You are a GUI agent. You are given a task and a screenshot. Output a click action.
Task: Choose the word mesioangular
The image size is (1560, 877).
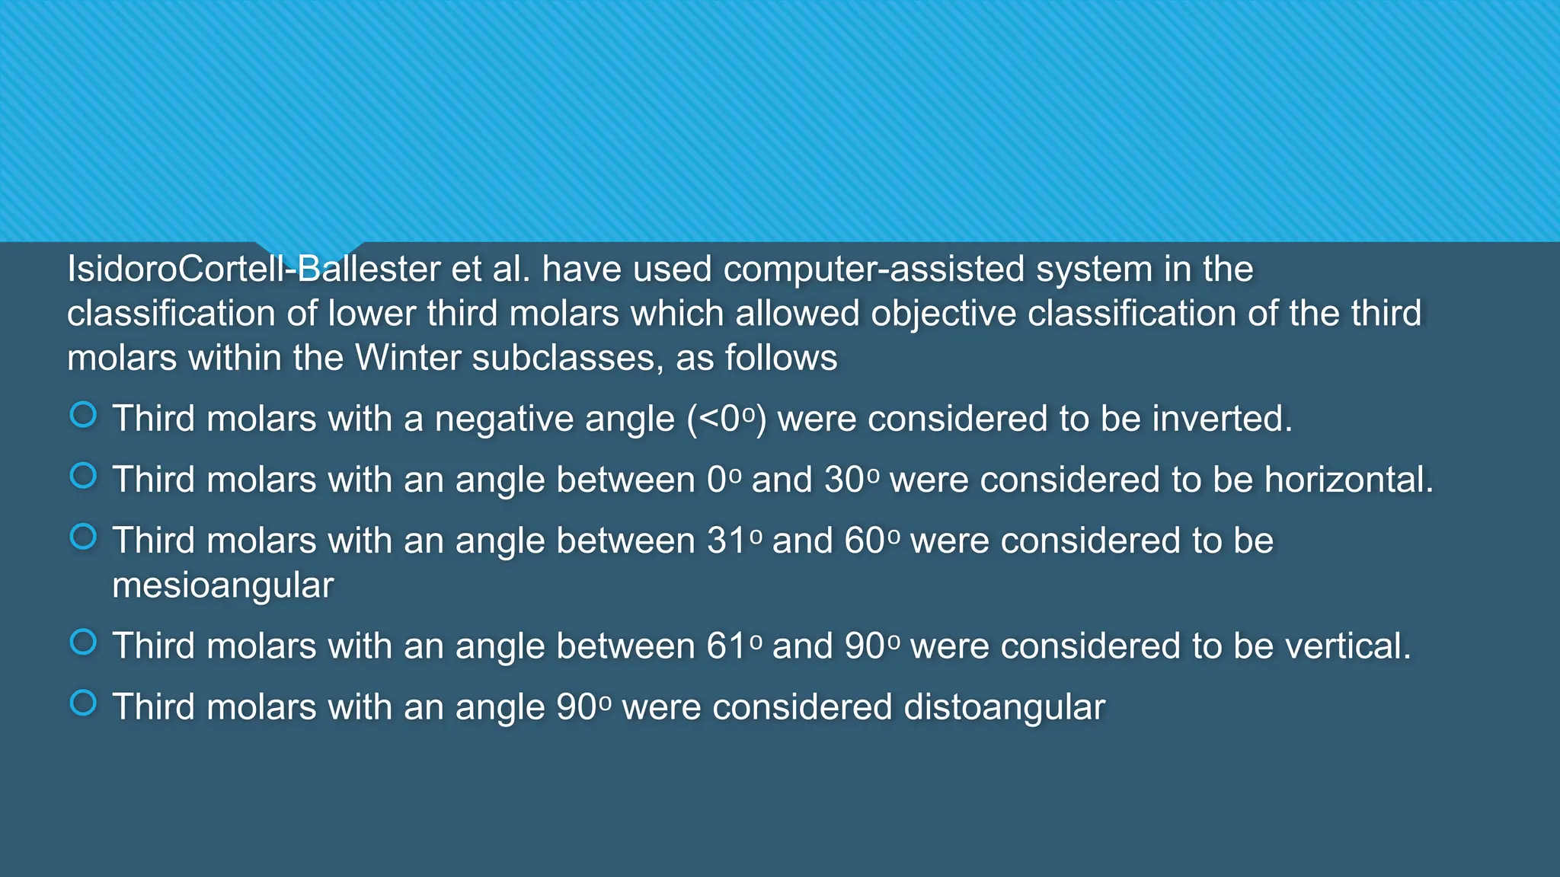tap(223, 585)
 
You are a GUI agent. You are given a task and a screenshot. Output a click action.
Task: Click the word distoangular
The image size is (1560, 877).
tap(1004, 707)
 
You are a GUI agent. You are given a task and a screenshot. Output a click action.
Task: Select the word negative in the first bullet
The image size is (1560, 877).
tap(554, 419)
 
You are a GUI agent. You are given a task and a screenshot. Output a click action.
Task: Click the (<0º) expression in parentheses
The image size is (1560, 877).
tap(727, 419)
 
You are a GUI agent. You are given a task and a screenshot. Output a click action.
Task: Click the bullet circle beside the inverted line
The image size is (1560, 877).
tap(83, 415)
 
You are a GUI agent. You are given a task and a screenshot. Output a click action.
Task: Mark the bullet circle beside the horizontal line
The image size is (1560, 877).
tap(83, 476)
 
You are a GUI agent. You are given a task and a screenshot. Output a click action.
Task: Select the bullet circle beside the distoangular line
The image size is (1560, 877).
tap(83, 703)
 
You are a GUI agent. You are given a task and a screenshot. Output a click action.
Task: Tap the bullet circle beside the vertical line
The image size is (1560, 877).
tap(83, 642)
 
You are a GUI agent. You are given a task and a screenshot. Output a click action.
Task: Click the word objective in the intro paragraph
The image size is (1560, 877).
tap(943, 314)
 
